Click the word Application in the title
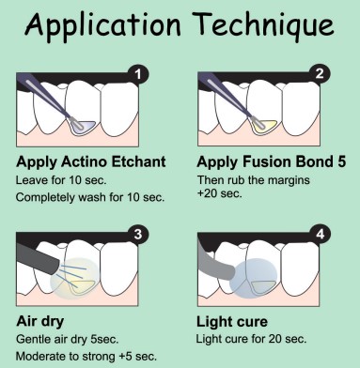pos(102,25)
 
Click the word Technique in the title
pos(265,23)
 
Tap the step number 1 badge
pos(137,74)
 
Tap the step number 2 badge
pos(320,74)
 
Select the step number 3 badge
pos(138,234)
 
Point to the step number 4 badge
pos(320,234)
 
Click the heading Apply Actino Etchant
pos(91,161)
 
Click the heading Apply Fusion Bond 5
pos(272,161)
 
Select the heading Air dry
pos(40,322)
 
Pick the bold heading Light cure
pos(232,322)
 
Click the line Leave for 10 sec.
pos(61,180)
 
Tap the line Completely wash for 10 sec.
pos(90,197)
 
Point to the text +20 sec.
pos(220,193)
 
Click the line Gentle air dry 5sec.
pos(68,339)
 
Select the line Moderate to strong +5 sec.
pos(86,357)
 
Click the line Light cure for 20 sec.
pos(251,339)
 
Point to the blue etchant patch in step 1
pos(84,126)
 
